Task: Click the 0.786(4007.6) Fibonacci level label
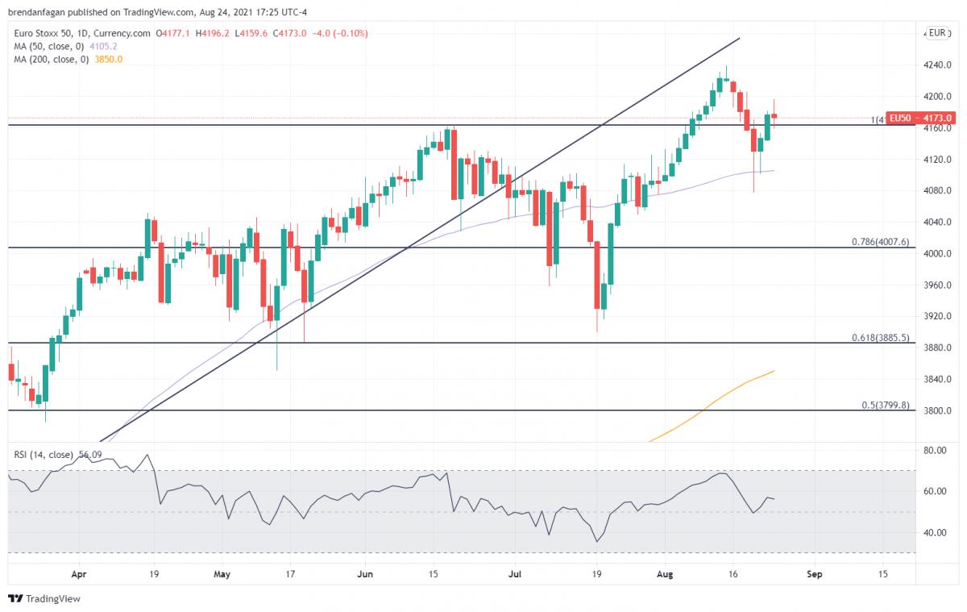(x=880, y=242)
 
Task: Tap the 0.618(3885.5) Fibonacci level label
(x=880, y=338)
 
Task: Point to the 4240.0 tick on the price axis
(x=937, y=65)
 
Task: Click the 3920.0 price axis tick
(x=937, y=316)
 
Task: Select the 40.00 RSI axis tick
(x=934, y=533)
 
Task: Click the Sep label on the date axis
(x=815, y=575)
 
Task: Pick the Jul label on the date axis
(x=513, y=575)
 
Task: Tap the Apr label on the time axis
(x=78, y=575)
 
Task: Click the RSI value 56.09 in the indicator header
(x=90, y=455)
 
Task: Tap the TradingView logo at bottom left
(x=44, y=599)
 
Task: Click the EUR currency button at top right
(x=936, y=33)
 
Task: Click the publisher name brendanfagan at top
(x=35, y=12)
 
